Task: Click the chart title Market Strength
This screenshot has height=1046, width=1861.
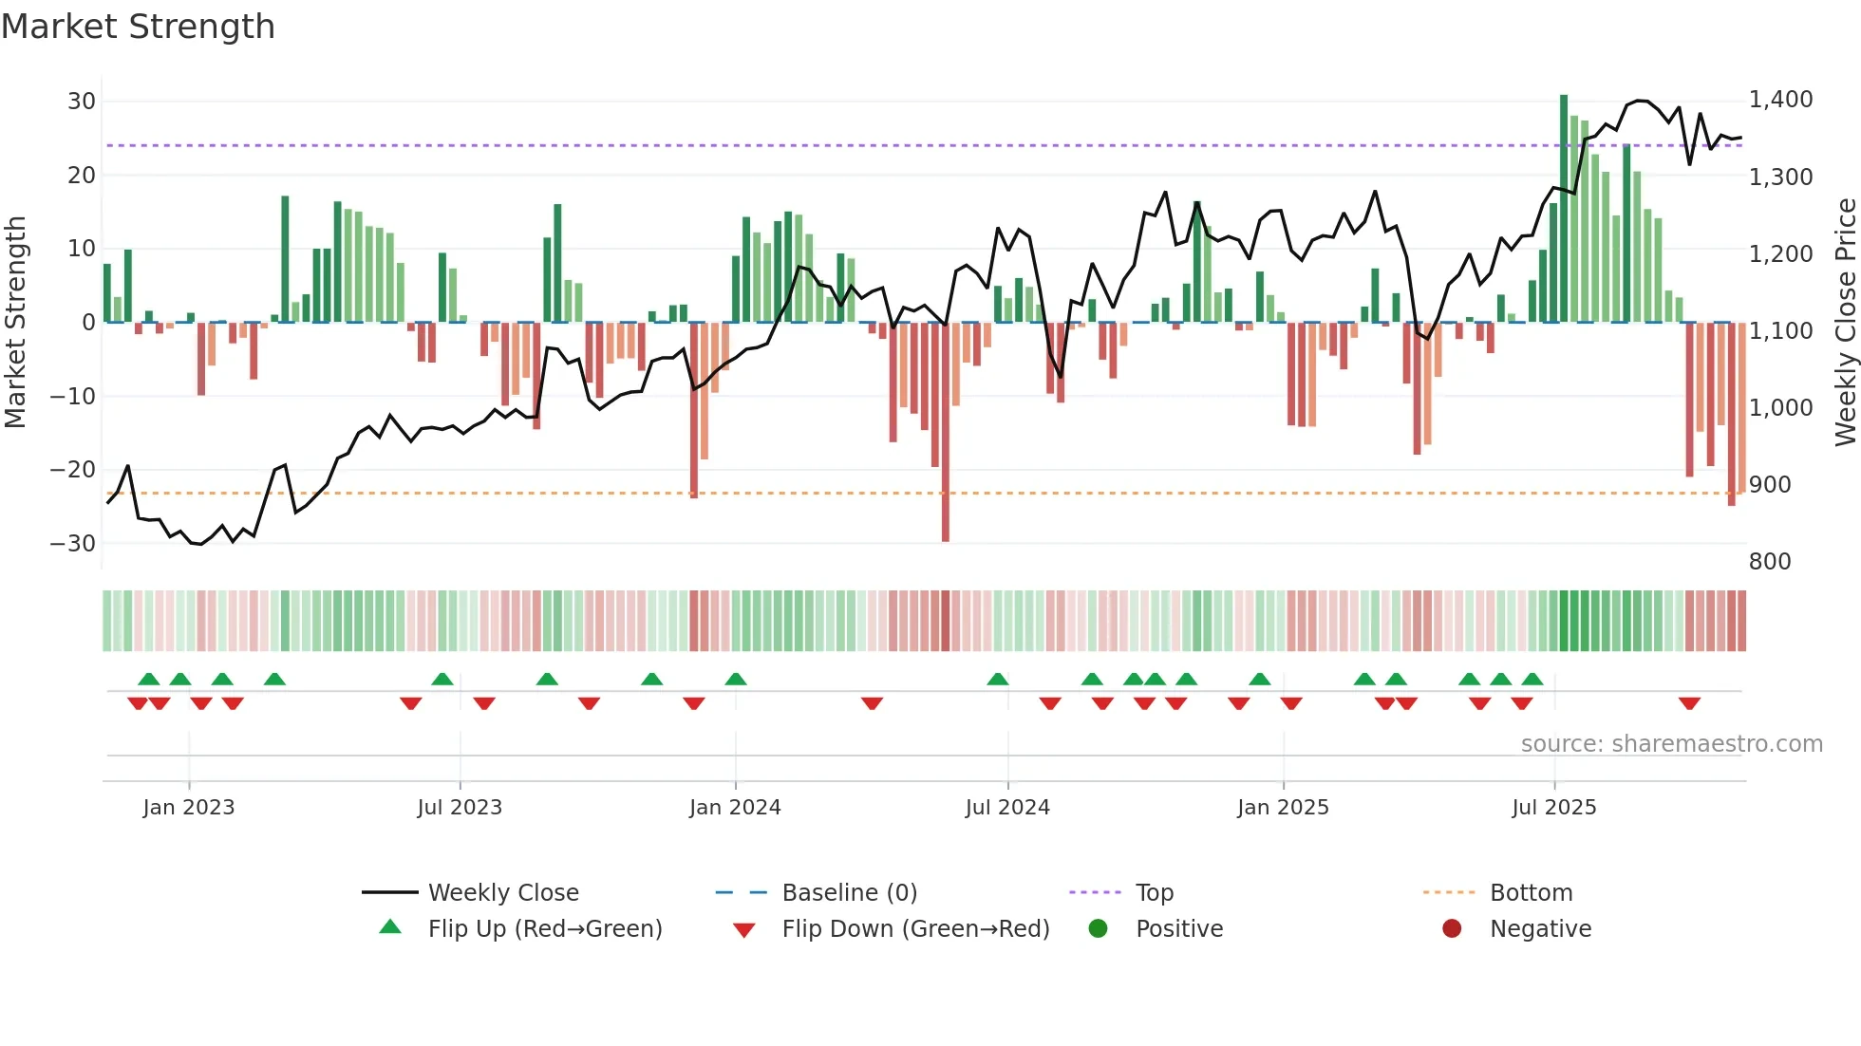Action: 138,27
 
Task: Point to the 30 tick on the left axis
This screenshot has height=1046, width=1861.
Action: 82,102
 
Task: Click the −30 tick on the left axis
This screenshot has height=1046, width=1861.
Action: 73,544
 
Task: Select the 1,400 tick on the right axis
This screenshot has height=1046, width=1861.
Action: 1780,100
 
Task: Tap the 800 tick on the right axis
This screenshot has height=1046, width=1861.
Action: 1770,562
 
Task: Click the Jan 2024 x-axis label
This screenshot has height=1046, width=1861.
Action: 735,808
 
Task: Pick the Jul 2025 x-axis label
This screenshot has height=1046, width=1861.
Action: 1553,808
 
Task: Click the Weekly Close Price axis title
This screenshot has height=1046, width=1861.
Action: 1845,323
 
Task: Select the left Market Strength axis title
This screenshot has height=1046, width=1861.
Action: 15,323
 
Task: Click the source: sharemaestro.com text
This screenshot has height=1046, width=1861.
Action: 1671,744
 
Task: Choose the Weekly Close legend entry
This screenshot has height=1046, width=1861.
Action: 503,893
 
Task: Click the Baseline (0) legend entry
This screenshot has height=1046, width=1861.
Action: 849,893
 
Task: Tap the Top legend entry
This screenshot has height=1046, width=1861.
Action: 1155,893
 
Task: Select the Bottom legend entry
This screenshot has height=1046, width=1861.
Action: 1531,893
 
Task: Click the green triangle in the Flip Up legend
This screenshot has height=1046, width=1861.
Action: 390,927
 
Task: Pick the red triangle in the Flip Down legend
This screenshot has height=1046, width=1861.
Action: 744,930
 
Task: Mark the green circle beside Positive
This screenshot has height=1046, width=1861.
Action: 1099,928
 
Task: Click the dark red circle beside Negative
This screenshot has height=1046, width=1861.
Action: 1452,928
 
